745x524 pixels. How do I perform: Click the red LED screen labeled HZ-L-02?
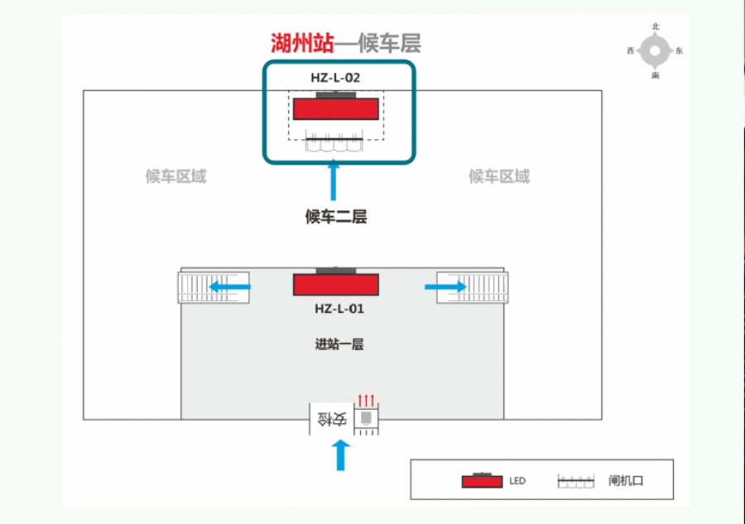(336, 108)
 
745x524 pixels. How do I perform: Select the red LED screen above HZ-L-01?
(336, 285)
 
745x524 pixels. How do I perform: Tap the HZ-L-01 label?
(339, 309)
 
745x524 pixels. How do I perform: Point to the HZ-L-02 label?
(335, 78)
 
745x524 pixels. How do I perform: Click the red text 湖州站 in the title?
(303, 43)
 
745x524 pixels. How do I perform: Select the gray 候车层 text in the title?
(389, 43)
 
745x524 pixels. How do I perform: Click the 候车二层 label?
(336, 217)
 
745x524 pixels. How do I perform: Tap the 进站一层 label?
(339, 344)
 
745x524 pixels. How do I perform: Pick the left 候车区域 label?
(175, 176)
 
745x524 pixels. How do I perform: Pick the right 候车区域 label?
(499, 176)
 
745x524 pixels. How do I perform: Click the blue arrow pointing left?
(229, 286)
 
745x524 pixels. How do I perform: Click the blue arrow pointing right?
(445, 286)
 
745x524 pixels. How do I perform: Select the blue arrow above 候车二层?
(334, 180)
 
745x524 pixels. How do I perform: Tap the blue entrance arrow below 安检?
(341, 455)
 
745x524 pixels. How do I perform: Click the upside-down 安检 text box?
(332, 419)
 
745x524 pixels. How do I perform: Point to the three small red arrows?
(366, 401)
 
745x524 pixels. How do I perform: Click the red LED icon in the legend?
(482, 481)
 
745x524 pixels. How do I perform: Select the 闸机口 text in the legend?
(626, 481)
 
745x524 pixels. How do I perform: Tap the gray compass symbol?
(656, 50)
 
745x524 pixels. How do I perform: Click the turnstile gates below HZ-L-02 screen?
(334, 142)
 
